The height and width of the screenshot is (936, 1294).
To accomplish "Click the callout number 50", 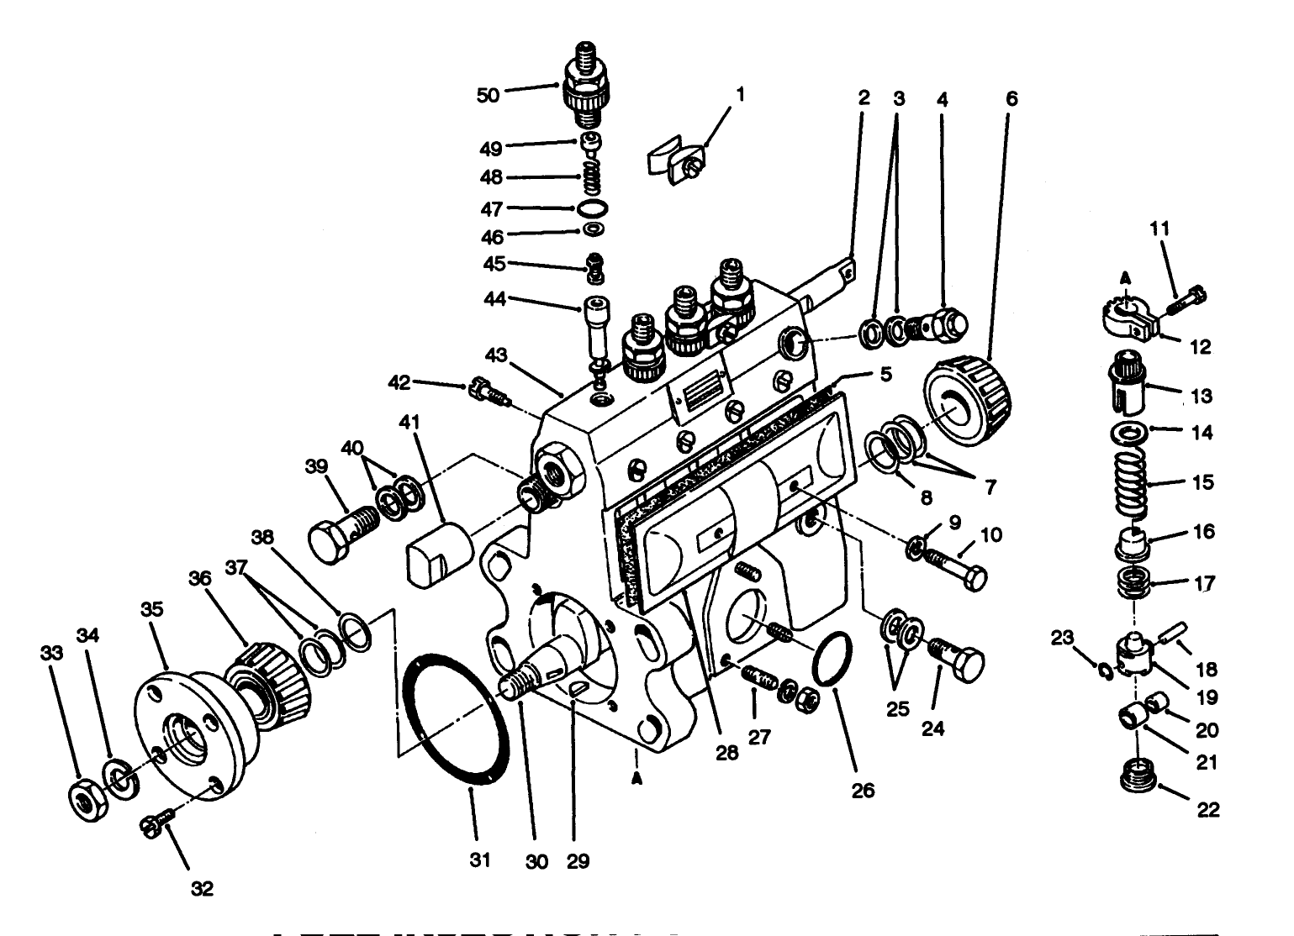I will pyautogui.click(x=488, y=95).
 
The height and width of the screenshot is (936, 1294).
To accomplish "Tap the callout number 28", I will pyautogui.click(x=727, y=753).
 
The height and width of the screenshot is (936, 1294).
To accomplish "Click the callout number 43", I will pyautogui.click(x=496, y=355).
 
